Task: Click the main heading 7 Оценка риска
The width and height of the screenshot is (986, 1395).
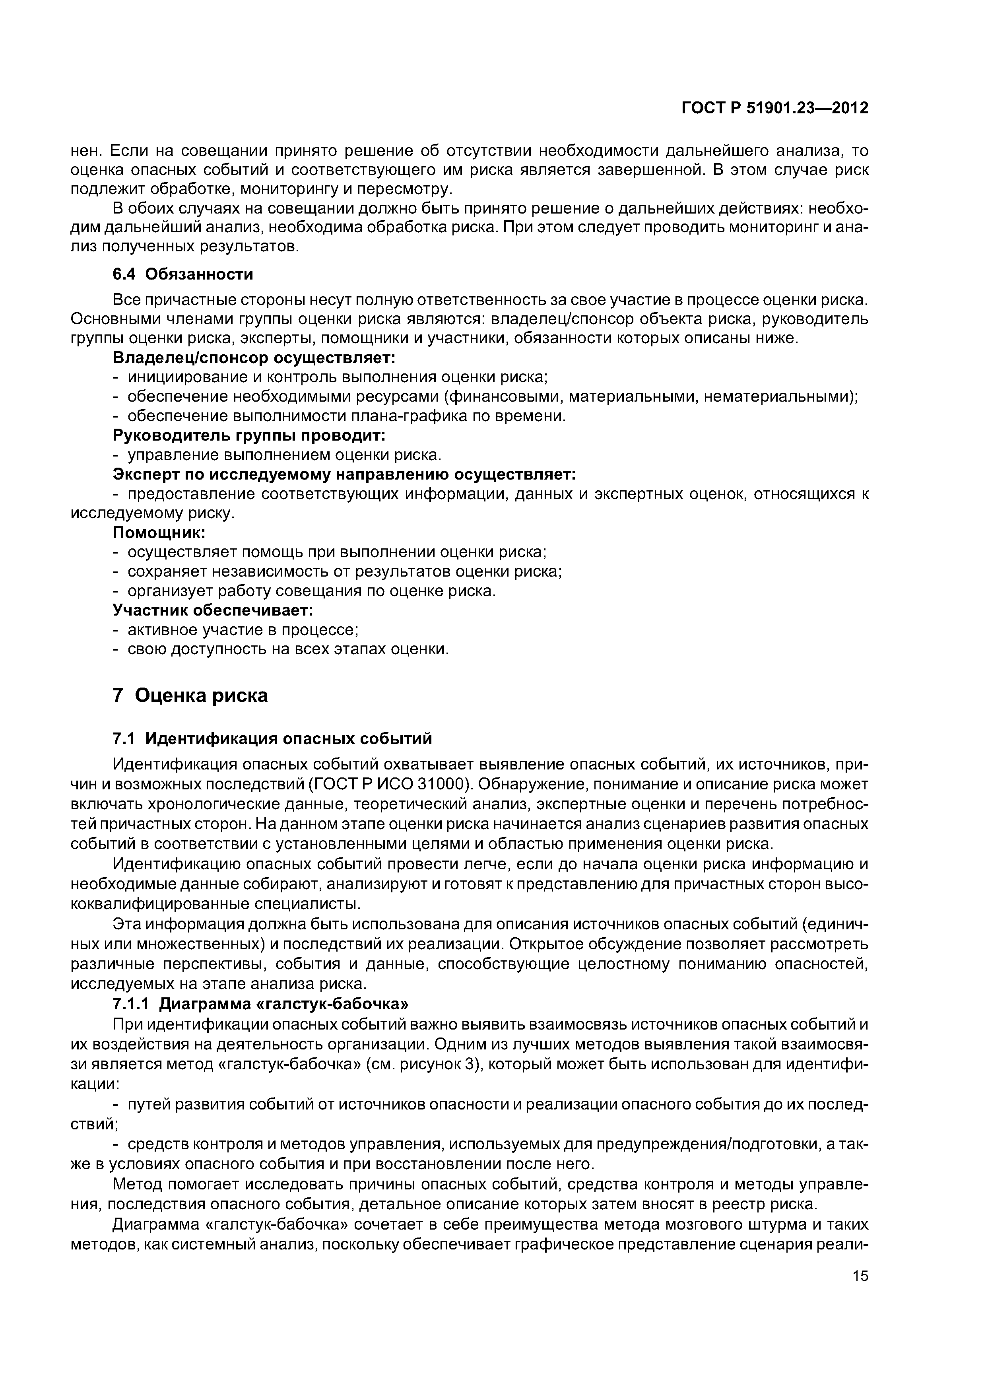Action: click(190, 695)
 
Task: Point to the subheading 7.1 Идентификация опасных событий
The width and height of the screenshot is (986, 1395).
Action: click(272, 739)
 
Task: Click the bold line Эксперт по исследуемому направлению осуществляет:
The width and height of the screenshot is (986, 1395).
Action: click(344, 474)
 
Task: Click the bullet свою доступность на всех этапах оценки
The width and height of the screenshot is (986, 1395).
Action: click(288, 649)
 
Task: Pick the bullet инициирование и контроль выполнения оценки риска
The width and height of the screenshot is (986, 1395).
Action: click(337, 377)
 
